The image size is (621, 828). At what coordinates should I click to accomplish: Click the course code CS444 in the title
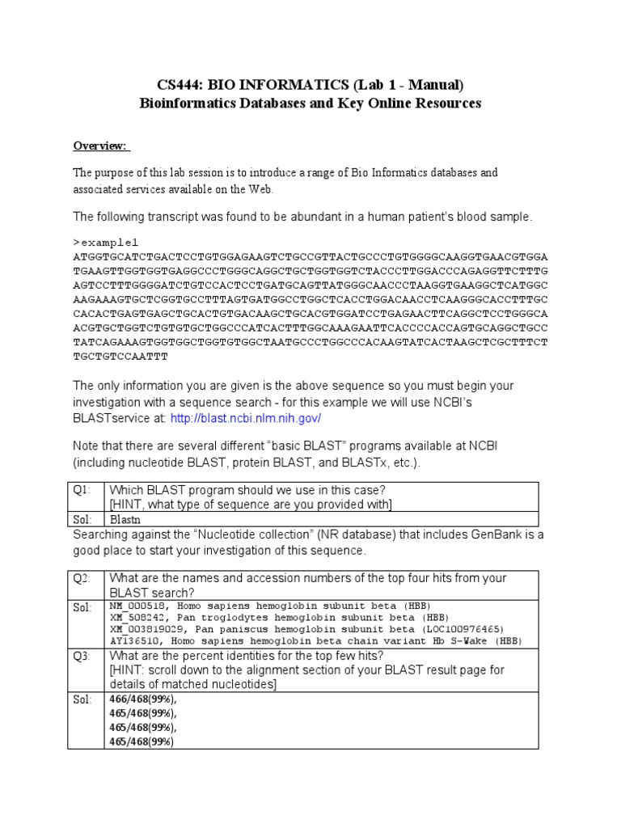point(178,85)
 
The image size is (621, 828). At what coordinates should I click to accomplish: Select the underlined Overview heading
point(100,146)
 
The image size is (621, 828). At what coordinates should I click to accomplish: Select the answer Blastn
point(125,520)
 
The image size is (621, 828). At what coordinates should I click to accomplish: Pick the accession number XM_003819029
point(144,629)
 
